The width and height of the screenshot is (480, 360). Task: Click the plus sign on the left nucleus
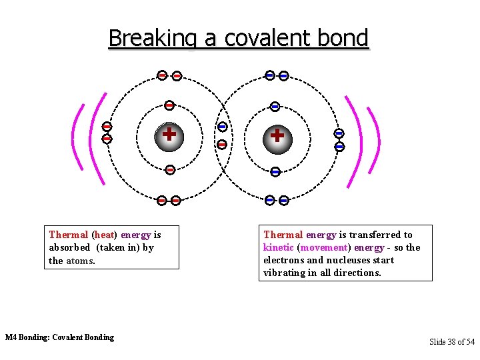(x=169, y=134)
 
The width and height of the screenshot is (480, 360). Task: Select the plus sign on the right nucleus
(x=277, y=135)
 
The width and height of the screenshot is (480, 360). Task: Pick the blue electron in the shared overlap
(x=223, y=127)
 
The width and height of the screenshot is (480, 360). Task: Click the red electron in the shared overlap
(x=223, y=143)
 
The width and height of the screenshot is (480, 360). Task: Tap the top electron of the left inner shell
(x=169, y=105)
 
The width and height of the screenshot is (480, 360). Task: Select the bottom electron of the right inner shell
(x=275, y=172)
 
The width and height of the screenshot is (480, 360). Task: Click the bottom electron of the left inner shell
(x=169, y=170)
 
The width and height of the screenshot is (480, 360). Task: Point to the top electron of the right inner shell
(x=275, y=107)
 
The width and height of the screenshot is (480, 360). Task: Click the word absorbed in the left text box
(x=69, y=247)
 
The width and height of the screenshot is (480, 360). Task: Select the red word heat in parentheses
(x=104, y=235)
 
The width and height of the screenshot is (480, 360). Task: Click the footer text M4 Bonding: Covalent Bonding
(x=59, y=337)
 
